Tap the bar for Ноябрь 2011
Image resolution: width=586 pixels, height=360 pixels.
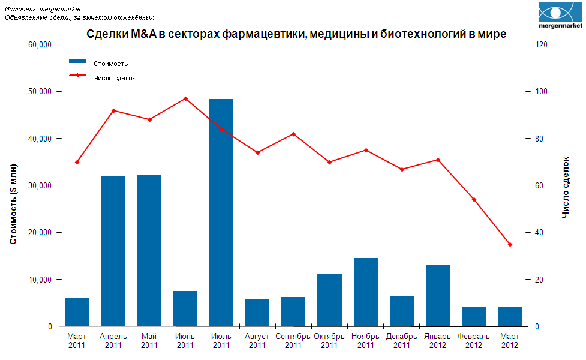pyautogui.click(x=366, y=292)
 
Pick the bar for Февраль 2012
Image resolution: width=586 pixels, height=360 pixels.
pyautogui.click(x=474, y=316)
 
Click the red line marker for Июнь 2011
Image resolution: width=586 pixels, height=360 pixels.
pyautogui.click(x=185, y=98)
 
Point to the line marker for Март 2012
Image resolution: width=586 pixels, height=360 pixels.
pyautogui.click(x=510, y=244)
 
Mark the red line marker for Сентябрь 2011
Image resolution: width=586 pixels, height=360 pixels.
pyautogui.click(x=293, y=134)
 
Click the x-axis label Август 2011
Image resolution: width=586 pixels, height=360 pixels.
pyautogui.click(x=257, y=341)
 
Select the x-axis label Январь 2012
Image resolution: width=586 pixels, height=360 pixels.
pyautogui.click(x=438, y=341)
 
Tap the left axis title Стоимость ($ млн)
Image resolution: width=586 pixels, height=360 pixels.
pyautogui.click(x=13, y=203)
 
